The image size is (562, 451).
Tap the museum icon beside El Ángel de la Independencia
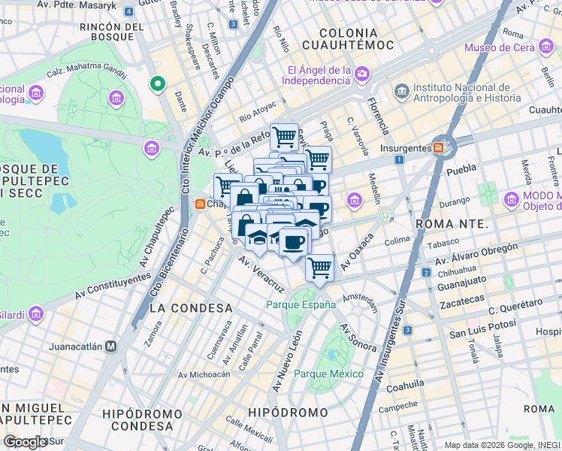pyautogui.click(x=363, y=74)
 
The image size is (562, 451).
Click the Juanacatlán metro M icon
pyautogui.click(x=110, y=347)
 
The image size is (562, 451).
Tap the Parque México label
pyautogui.click(x=328, y=374)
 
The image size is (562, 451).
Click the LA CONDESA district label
pyautogui.click(x=191, y=308)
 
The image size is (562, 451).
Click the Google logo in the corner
pyautogui.click(x=25, y=441)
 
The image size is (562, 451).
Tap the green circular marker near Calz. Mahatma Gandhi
pyautogui.click(x=158, y=83)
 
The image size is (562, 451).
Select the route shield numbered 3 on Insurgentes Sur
pyautogui.click(x=407, y=330)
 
